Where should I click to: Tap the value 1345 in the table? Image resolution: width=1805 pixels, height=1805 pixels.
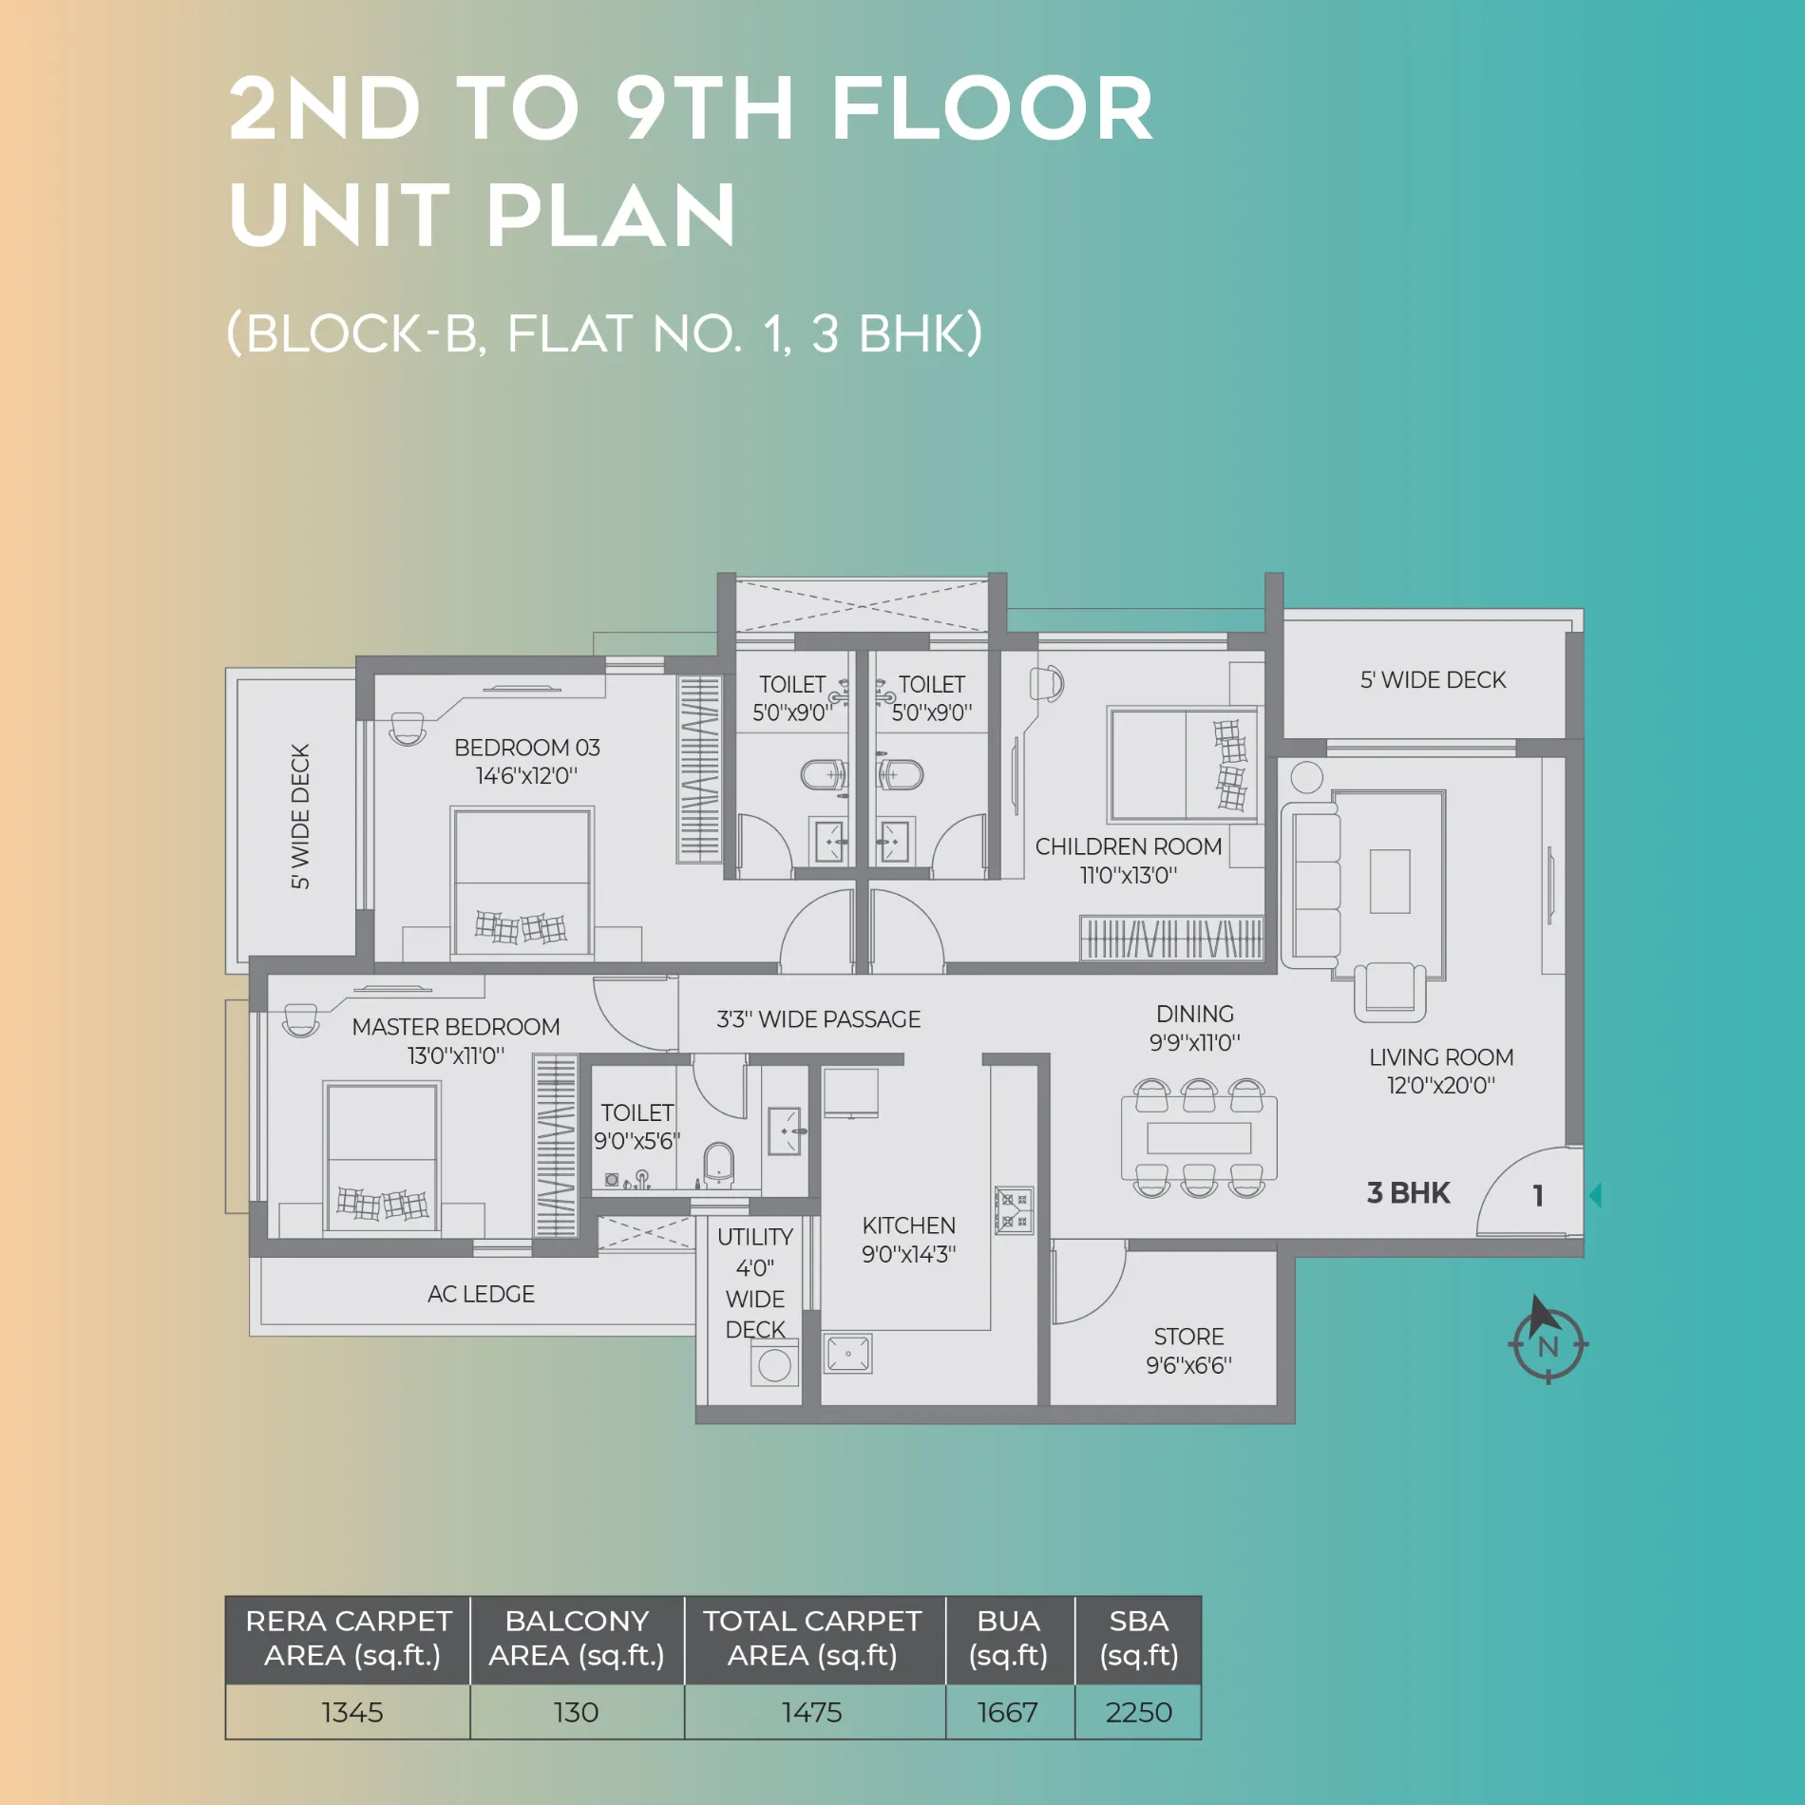(351, 1712)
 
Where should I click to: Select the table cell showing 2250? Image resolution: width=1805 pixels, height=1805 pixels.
(1138, 1712)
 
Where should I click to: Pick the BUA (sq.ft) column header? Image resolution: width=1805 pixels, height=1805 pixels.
(1009, 1639)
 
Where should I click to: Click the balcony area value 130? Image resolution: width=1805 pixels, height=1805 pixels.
(576, 1712)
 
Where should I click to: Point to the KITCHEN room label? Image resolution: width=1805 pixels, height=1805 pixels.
(909, 1225)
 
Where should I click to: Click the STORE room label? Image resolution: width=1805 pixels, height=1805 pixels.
(1188, 1337)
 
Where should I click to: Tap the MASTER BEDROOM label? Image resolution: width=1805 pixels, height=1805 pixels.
(456, 1027)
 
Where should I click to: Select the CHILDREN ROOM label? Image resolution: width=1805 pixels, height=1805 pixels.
(1129, 846)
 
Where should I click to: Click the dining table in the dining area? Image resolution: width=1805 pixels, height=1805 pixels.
(1199, 1137)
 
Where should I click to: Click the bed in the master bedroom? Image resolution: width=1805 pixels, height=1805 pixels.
(381, 1157)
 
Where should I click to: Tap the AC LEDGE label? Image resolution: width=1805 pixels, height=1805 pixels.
(481, 1294)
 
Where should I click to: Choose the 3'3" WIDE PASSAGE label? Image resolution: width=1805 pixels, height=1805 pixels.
(818, 1019)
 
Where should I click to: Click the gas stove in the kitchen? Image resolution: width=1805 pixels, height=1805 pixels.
(1014, 1210)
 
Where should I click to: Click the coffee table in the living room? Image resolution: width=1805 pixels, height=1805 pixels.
(1389, 882)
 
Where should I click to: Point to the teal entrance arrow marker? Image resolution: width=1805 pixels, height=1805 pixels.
(1596, 1195)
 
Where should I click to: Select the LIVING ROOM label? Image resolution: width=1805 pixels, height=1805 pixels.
(1441, 1057)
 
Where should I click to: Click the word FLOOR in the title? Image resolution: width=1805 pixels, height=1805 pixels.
(993, 108)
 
